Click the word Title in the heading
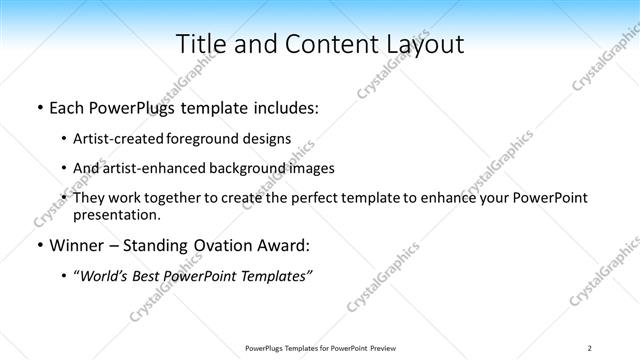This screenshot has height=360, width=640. tap(198, 44)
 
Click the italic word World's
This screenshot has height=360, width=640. tap(106, 275)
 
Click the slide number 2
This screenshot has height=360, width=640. tap(590, 348)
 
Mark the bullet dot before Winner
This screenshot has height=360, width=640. tap(38, 245)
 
